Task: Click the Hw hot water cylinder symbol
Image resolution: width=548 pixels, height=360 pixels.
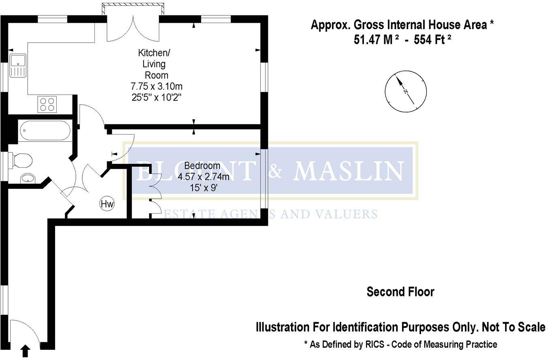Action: coord(107,204)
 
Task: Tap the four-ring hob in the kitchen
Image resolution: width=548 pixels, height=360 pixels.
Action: coord(47,105)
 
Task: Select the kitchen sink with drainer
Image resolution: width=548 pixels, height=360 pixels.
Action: coord(18,66)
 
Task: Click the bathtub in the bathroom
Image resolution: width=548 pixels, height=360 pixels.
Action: coord(45,131)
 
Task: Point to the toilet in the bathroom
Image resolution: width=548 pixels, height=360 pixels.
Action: coord(20,161)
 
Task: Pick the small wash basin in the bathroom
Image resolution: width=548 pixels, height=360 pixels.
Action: coord(28,178)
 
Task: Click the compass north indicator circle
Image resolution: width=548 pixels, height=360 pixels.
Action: coord(406,92)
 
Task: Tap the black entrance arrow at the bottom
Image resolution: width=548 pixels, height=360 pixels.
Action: coord(26,351)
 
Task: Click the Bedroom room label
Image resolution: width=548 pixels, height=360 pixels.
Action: coord(202,166)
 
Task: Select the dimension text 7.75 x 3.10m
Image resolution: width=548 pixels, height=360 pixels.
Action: coord(156,86)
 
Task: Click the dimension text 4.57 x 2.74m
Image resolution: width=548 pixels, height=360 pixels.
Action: coord(203,177)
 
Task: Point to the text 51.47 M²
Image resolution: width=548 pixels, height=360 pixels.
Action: coord(377,40)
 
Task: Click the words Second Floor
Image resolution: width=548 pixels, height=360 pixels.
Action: coord(400,292)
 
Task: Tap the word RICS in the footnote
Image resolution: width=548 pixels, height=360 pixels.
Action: coord(375,344)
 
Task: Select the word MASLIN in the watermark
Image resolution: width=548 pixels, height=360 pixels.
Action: coord(348,171)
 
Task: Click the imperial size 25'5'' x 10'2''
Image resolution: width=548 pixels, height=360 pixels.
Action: coord(156,97)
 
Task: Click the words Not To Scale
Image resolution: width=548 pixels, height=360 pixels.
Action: coord(514,327)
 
